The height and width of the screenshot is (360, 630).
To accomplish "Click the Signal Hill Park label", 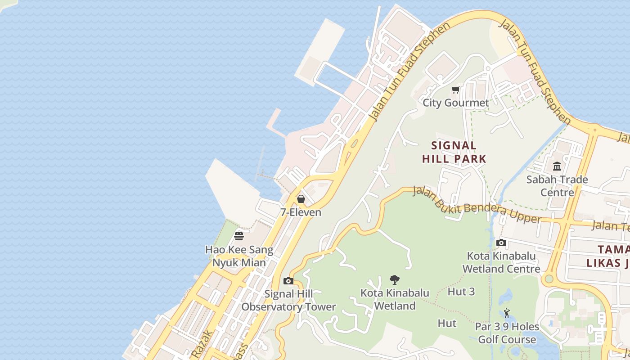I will [x=454, y=152].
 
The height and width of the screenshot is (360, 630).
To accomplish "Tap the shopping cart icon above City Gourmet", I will [x=456, y=90].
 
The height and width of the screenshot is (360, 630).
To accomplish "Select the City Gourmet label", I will [x=455, y=103].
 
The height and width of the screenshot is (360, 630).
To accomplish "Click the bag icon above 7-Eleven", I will [x=301, y=198].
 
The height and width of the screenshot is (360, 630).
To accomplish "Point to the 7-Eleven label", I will [x=301, y=212].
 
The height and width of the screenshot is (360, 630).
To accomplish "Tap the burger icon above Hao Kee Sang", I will [x=239, y=236].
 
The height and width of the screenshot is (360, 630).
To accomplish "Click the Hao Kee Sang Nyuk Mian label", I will [x=239, y=256].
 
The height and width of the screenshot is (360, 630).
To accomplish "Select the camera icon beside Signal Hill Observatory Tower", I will [x=288, y=281].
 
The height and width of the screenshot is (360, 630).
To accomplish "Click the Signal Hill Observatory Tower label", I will [x=288, y=301].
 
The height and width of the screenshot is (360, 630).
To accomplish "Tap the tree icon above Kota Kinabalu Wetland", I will [x=394, y=280].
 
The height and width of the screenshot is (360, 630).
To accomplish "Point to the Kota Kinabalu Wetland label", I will [x=395, y=300].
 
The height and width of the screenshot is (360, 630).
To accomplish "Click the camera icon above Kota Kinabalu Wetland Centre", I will [x=501, y=243].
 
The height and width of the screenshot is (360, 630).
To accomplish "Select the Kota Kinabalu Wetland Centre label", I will [x=501, y=262].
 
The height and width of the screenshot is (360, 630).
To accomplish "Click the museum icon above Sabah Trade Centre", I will [x=557, y=166].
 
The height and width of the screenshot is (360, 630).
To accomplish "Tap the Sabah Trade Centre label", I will [x=557, y=186].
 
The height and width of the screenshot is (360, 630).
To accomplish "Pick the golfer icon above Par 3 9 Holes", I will [x=507, y=313].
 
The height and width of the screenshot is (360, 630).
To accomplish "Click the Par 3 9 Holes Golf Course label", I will [x=507, y=333].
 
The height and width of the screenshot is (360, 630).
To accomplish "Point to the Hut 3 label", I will [x=461, y=292].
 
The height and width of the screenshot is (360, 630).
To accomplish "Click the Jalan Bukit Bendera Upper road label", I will [x=477, y=206].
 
